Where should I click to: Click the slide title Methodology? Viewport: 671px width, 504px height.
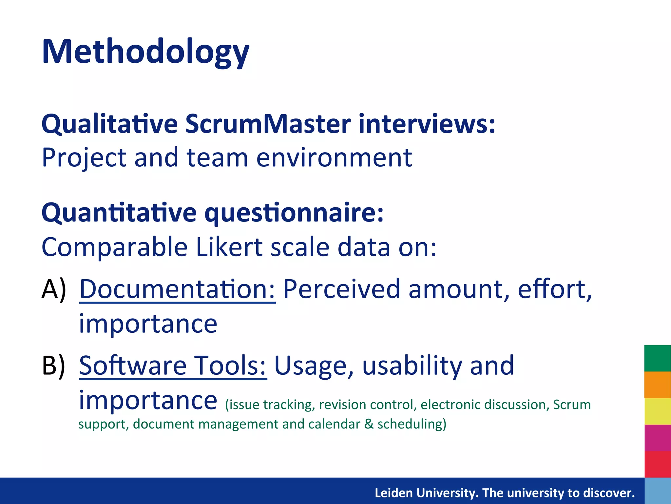145,52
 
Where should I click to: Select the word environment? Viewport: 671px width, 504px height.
334,158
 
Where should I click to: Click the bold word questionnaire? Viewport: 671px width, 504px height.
294,213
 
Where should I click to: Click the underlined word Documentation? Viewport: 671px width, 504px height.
177,289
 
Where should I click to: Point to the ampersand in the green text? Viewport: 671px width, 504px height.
369,424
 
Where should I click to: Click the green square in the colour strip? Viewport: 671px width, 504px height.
657,358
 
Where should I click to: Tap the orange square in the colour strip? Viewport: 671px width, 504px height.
657,385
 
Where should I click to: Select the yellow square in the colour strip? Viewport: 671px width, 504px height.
657,411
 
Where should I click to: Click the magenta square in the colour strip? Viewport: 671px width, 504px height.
657,438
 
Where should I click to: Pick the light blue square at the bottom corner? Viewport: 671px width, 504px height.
657,491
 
